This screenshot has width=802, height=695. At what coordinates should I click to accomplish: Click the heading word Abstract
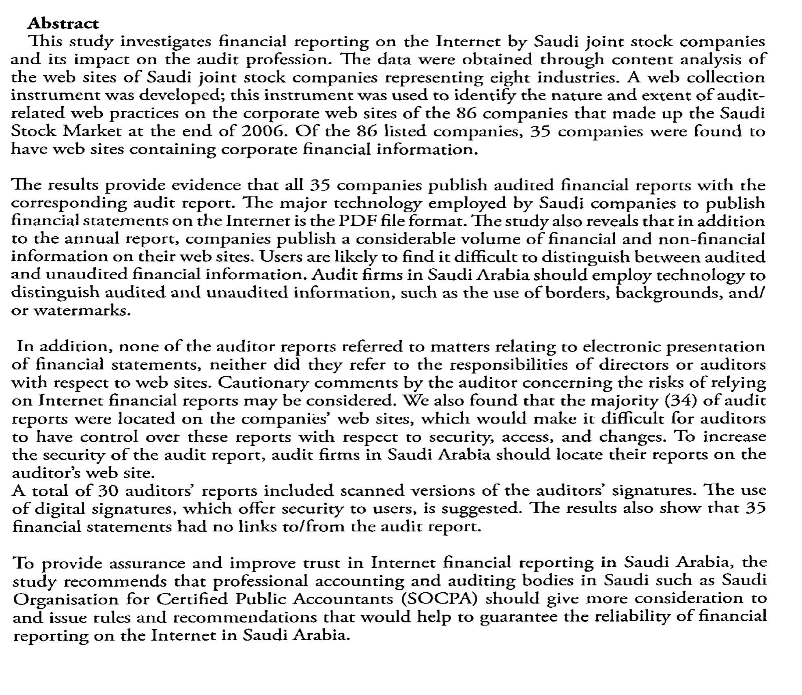(63, 24)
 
